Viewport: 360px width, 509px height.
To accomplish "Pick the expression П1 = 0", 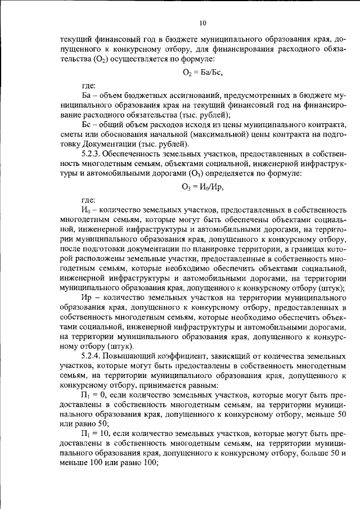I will [x=93, y=396].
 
